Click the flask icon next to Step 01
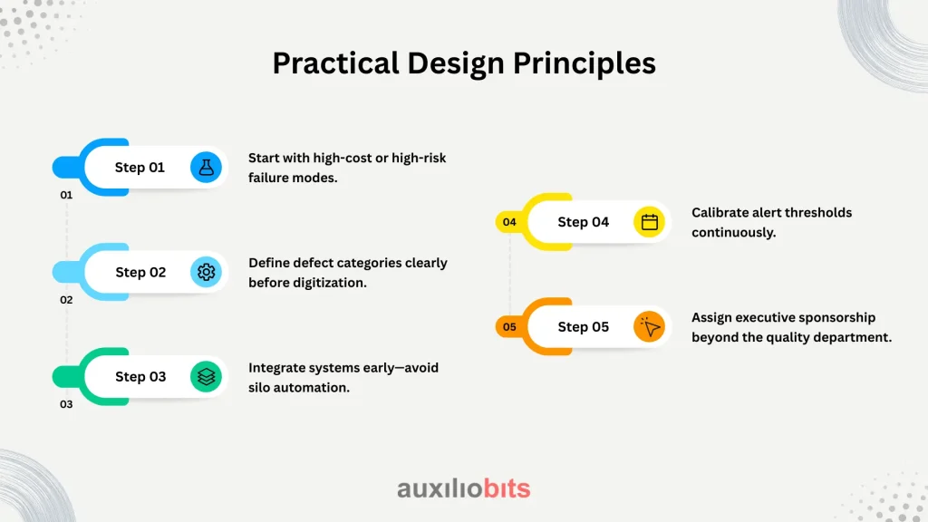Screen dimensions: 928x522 206,168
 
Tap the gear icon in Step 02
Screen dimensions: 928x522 206,272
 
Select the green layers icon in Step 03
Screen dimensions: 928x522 206,377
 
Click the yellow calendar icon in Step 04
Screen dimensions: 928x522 649,222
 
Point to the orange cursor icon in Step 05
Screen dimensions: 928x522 649,326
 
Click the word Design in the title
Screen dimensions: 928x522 456,64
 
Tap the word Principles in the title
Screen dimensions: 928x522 585,64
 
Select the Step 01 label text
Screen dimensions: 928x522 140,168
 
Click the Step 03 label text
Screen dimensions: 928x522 140,377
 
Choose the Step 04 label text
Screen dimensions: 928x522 583,222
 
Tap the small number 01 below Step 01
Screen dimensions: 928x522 66,195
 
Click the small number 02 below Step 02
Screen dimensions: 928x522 66,300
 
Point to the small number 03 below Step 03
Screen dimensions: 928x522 66,404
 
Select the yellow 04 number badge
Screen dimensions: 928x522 509,222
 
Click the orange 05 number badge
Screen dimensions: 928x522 509,326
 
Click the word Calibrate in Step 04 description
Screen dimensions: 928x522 720,212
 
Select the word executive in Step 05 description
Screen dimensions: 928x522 765,317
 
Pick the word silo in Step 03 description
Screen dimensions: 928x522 259,388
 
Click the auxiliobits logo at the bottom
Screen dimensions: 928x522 463,488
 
